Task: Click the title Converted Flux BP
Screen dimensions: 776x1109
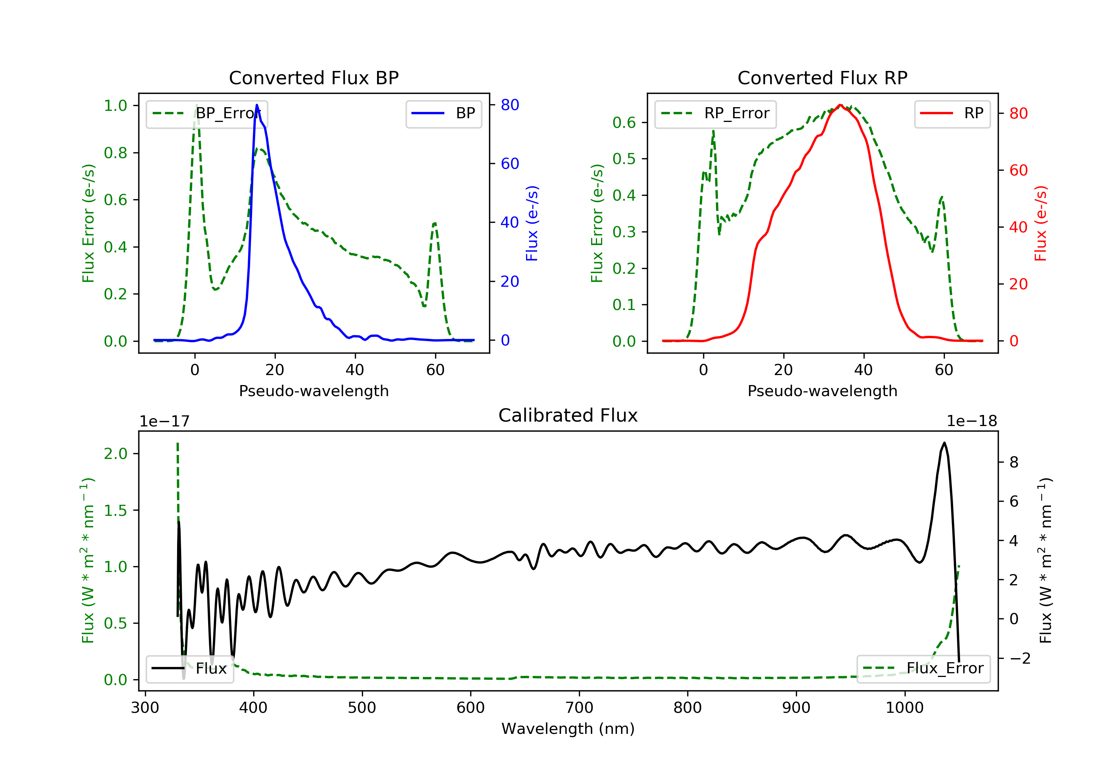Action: pyautogui.click(x=313, y=78)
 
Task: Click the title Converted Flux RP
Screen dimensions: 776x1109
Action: pyautogui.click(x=822, y=78)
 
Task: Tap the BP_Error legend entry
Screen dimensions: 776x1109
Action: pyautogui.click(x=207, y=113)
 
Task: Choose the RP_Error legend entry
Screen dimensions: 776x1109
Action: pyautogui.click(x=715, y=113)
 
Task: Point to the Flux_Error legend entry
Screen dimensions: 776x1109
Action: pyautogui.click(x=923, y=668)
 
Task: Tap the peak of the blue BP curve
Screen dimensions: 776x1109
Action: pyautogui.click(x=257, y=105)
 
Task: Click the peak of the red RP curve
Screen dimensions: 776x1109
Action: pyautogui.click(x=841, y=105)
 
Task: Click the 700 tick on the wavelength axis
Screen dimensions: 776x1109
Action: pyautogui.click(x=579, y=708)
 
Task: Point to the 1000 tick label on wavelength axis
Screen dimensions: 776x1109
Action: pyautogui.click(x=904, y=708)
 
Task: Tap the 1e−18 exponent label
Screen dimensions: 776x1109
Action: pyautogui.click(x=971, y=422)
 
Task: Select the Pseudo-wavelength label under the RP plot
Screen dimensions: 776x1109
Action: pyautogui.click(x=822, y=391)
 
